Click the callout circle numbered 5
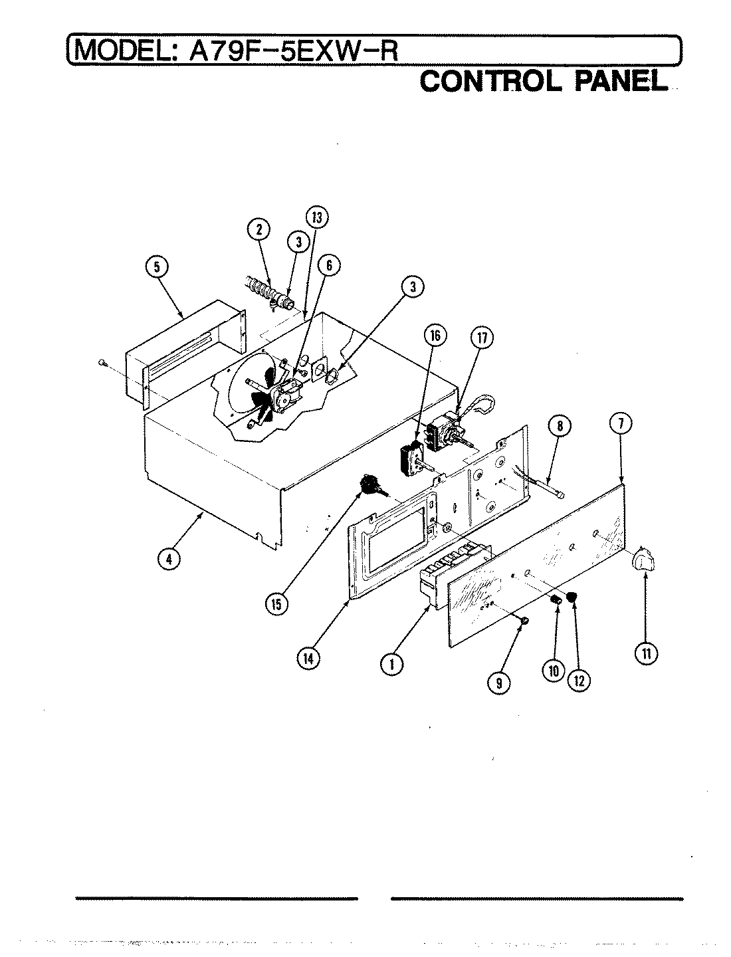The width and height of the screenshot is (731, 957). tap(157, 268)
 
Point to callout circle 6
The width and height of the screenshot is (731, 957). tap(328, 266)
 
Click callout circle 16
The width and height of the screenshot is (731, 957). tap(436, 337)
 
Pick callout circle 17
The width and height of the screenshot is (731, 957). tap(480, 338)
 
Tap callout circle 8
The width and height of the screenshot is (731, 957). tap(560, 426)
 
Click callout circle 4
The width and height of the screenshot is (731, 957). tap(169, 559)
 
